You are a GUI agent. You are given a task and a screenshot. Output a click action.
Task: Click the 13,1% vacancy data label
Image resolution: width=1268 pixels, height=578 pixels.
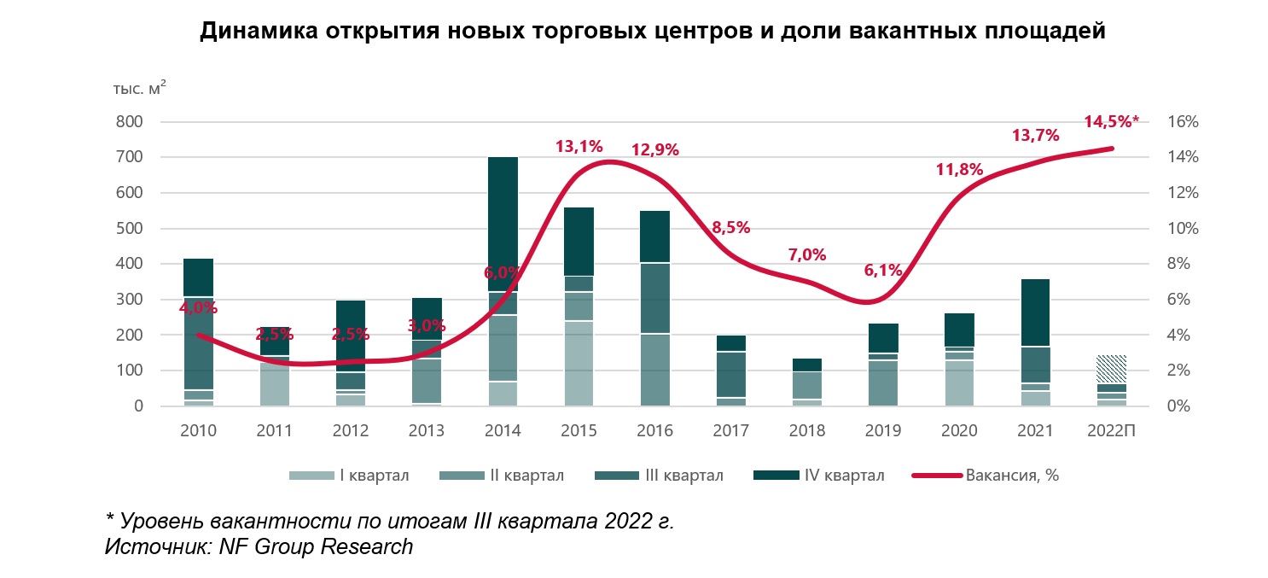(579, 147)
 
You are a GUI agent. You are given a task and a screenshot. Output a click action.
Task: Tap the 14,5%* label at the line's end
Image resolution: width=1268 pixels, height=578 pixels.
(1111, 121)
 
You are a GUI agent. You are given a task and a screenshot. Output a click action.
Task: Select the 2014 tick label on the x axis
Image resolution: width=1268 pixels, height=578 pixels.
(503, 431)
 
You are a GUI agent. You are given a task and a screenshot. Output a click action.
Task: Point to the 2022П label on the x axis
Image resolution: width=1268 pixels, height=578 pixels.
(1112, 431)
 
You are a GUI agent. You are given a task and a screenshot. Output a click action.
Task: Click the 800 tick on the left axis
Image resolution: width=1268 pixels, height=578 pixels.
(131, 122)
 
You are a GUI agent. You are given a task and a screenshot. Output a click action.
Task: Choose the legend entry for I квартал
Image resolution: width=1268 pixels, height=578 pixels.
(350, 476)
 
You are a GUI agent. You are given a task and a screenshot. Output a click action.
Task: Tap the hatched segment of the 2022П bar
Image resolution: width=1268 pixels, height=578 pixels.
(1112, 369)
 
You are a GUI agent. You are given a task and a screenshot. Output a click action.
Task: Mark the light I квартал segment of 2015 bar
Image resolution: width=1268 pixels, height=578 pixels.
(579, 363)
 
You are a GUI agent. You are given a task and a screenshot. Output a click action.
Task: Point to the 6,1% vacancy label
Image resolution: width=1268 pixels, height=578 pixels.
(883, 270)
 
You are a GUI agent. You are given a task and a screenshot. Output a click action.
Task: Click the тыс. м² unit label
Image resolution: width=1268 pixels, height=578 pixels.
(139, 87)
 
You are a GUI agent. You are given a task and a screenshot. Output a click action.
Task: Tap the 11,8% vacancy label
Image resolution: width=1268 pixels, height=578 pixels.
(959, 169)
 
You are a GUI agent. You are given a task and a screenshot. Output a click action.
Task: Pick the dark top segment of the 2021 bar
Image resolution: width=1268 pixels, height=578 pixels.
(1036, 312)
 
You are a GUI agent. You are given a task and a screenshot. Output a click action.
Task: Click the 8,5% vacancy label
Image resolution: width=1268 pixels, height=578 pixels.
(731, 227)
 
